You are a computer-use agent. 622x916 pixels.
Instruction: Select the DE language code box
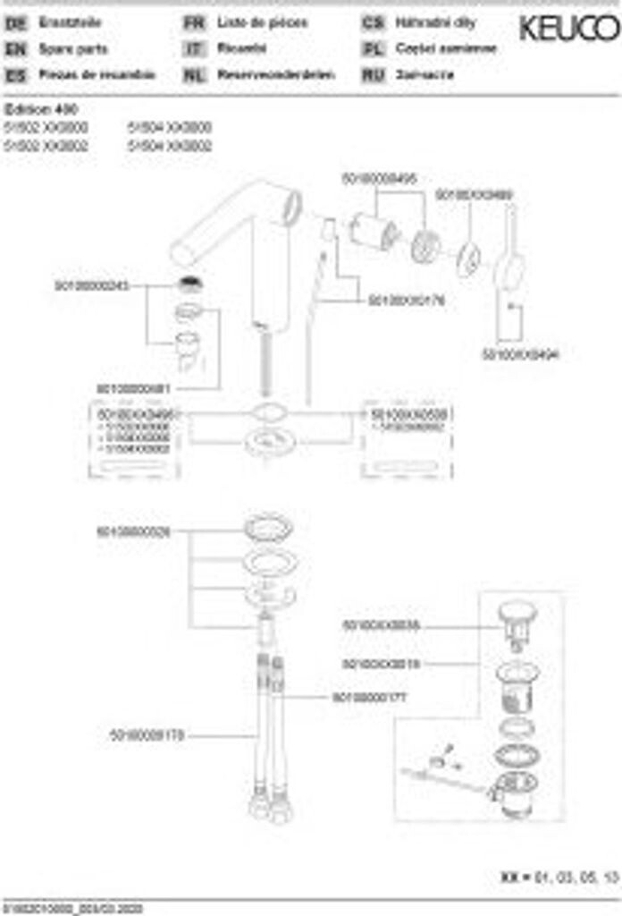tap(15, 23)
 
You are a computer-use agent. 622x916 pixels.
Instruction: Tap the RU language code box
tap(373, 75)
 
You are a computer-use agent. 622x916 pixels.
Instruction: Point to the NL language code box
tap(194, 75)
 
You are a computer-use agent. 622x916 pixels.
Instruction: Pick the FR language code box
tap(194, 23)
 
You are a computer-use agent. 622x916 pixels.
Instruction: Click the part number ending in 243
tap(92, 285)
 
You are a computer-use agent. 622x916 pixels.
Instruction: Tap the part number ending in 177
tap(369, 696)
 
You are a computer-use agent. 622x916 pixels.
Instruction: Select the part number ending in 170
tap(147, 735)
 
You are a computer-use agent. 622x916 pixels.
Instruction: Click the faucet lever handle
tap(512, 259)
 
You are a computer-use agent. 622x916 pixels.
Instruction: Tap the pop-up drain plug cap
tap(517, 614)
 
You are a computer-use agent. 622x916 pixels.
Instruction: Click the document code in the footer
tap(67, 908)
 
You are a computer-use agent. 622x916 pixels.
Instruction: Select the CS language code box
tap(373, 23)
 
